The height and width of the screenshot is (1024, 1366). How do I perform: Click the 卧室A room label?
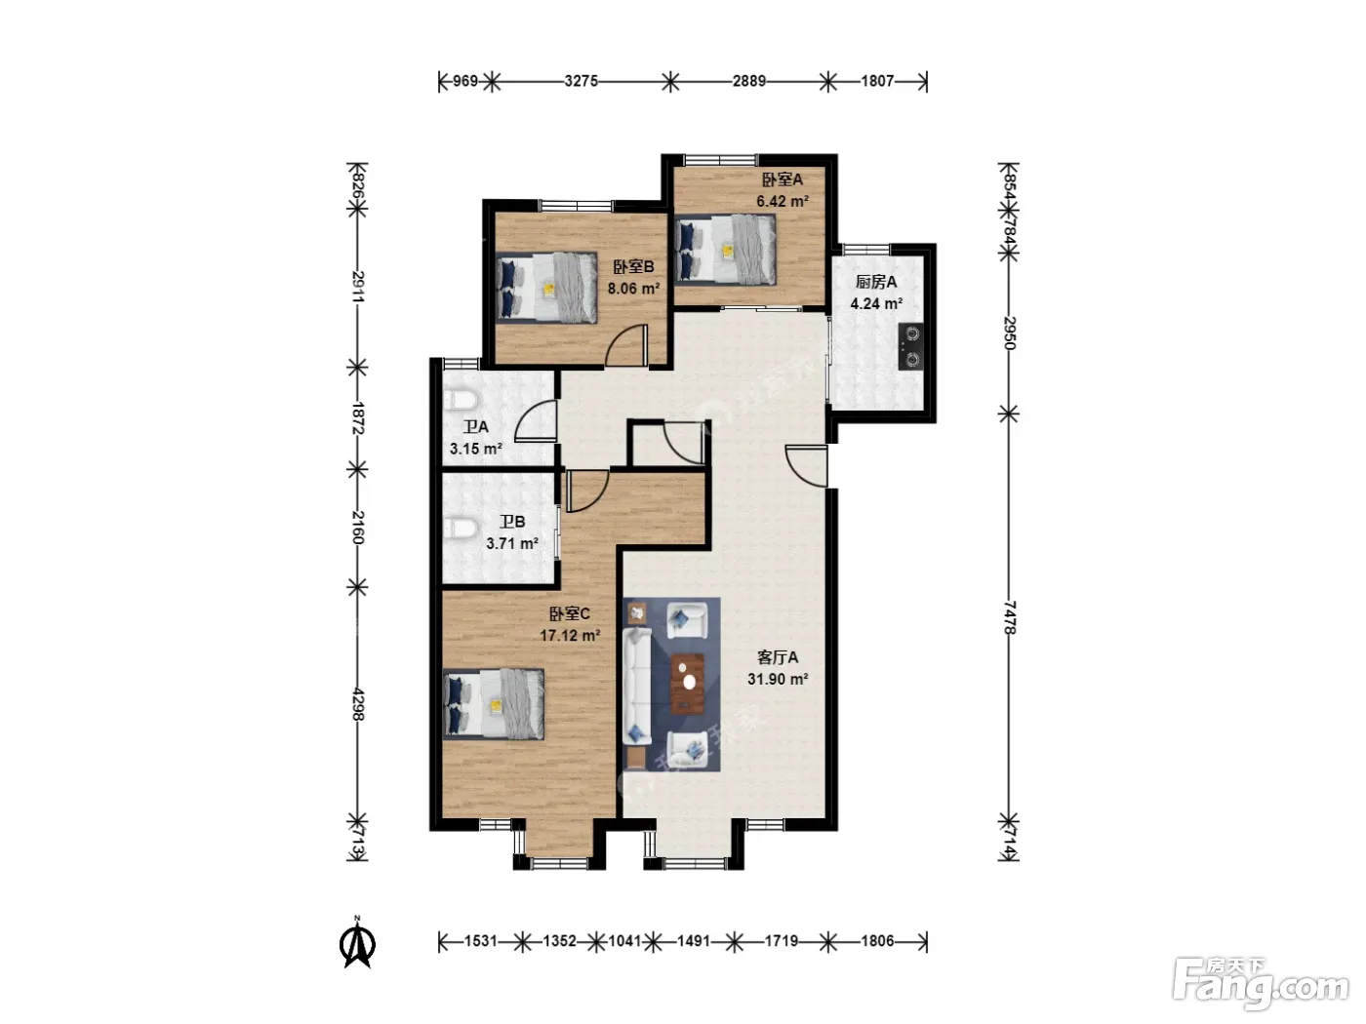coord(782,179)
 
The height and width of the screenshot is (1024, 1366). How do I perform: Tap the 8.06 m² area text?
coord(633,289)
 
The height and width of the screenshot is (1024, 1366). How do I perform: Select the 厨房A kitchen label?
coord(875,282)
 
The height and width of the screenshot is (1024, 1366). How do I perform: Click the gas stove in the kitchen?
coord(910,346)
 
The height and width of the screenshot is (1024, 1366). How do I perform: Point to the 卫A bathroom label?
coord(475,427)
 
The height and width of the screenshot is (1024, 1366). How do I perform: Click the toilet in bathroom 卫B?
coord(461,528)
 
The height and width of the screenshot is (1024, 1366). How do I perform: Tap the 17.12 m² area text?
coord(570,636)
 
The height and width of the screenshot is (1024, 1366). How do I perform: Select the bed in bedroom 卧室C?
coord(494,704)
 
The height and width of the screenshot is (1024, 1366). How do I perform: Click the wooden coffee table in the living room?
coord(688,684)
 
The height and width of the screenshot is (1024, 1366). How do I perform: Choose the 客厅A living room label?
coord(778,657)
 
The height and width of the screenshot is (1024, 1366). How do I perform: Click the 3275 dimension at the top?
coord(581,81)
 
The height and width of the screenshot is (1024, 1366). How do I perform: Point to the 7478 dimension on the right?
coord(1009,617)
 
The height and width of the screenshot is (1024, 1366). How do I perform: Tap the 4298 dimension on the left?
coord(357,704)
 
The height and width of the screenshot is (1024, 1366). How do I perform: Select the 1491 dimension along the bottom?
coord(694,941)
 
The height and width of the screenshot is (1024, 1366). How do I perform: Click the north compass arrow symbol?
coord(357,942)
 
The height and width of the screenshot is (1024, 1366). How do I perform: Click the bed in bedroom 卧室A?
coord(726,250)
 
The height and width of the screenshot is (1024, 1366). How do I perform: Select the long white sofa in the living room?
coord(636,687)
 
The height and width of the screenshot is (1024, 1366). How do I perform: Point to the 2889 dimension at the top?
coord(748,81)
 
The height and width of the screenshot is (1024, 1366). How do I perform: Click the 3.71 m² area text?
coord(511,543)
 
